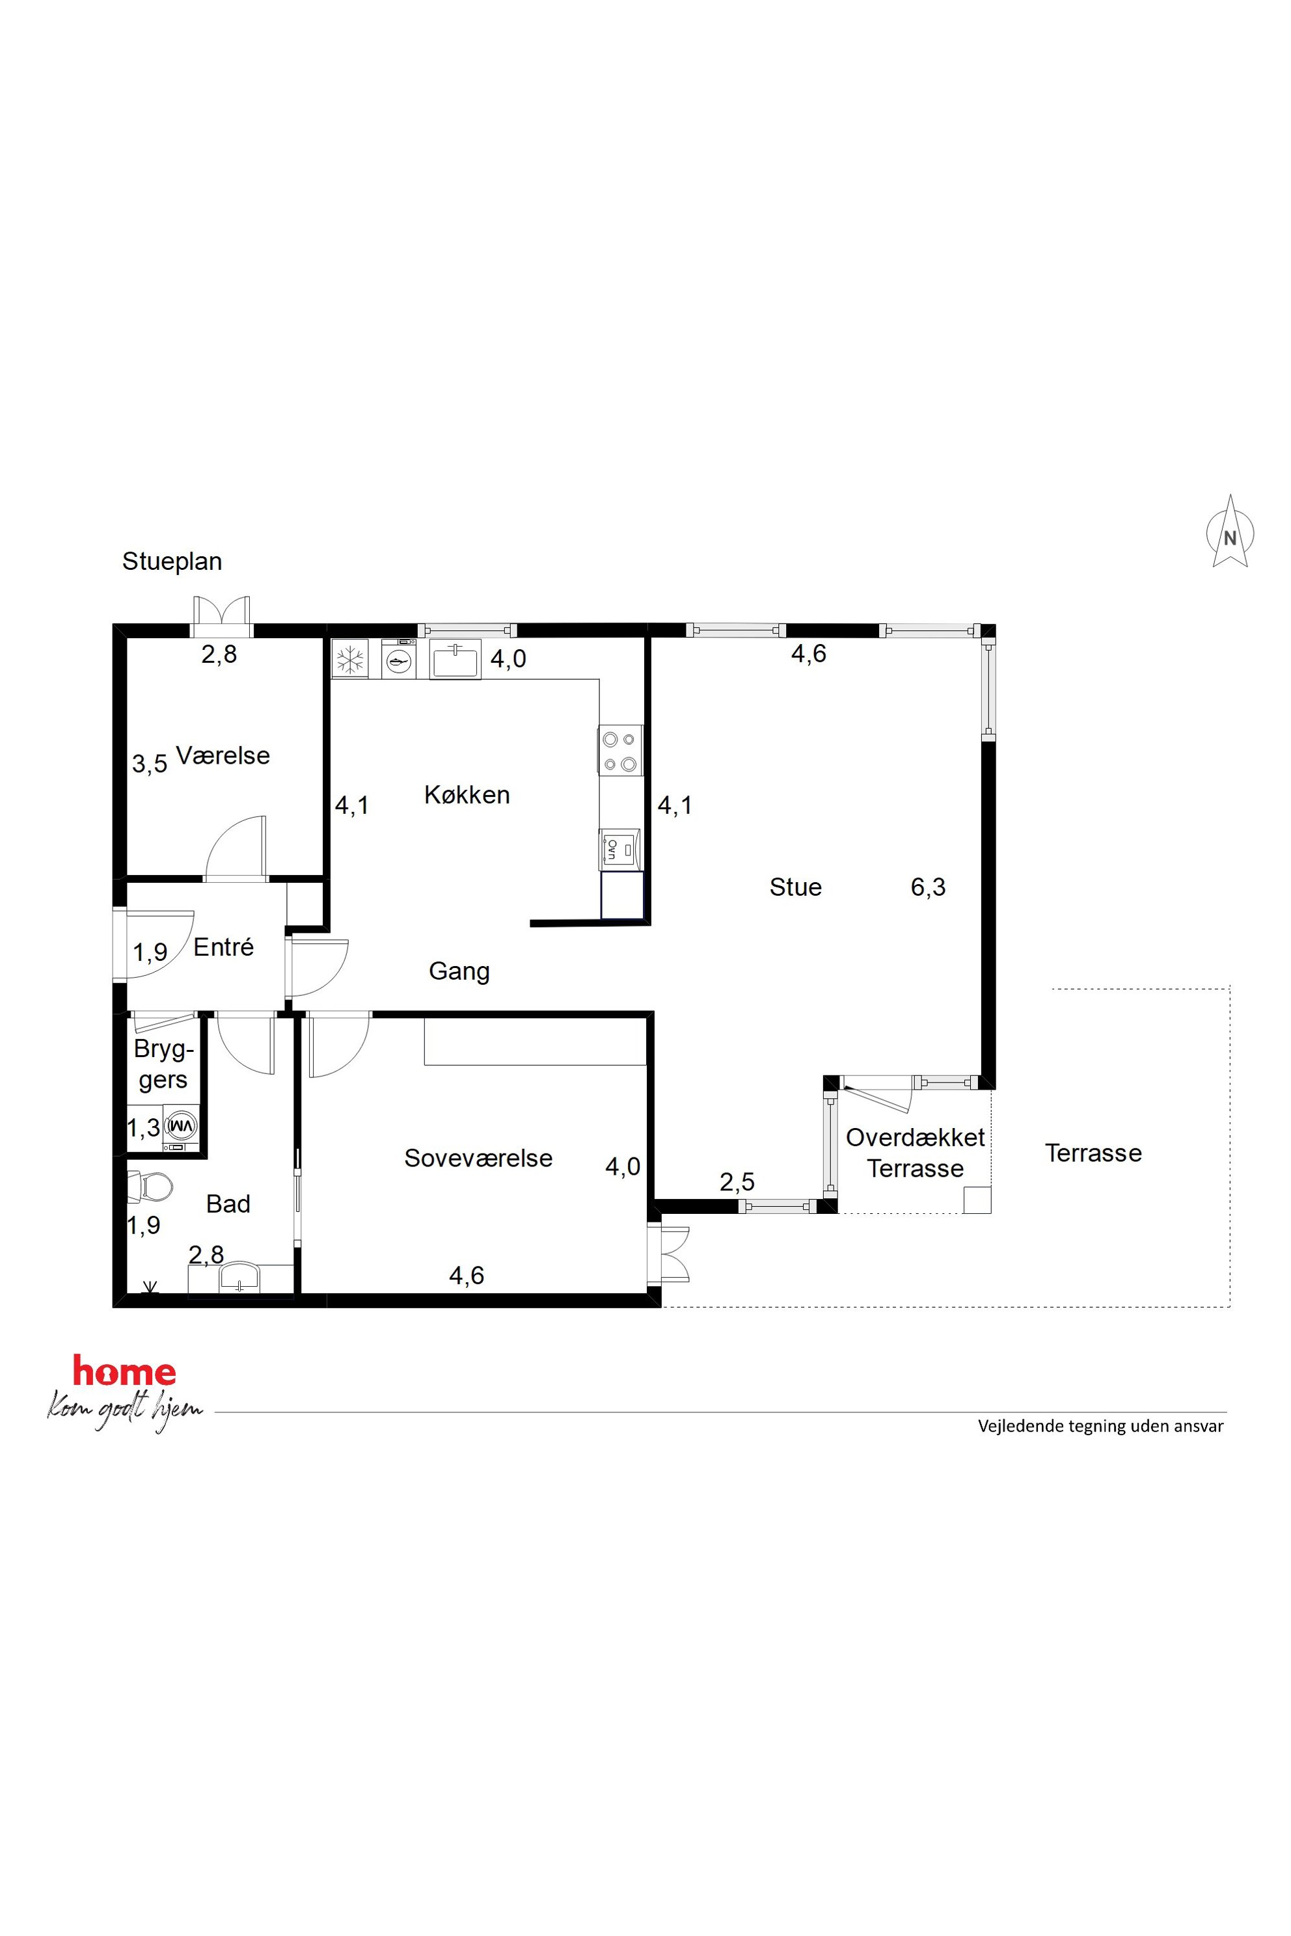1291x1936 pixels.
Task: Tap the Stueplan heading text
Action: (172, 561)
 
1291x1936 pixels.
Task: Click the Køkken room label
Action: (467, 794)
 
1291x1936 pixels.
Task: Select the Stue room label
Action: (795, 887)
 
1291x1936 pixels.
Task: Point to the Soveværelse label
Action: (478, 1158)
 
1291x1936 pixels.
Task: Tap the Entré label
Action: (223, 947)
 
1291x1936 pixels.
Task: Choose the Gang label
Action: (459, 971)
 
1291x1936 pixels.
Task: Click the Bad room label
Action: (228, 1203)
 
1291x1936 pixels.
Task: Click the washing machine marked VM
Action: (182, 1124)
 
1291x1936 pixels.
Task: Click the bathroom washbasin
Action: (239, 1279)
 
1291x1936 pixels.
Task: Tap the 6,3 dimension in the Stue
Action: (928, 887)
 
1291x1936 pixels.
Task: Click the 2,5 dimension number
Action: (737, 1182)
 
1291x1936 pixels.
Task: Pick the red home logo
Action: (124, 1371)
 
